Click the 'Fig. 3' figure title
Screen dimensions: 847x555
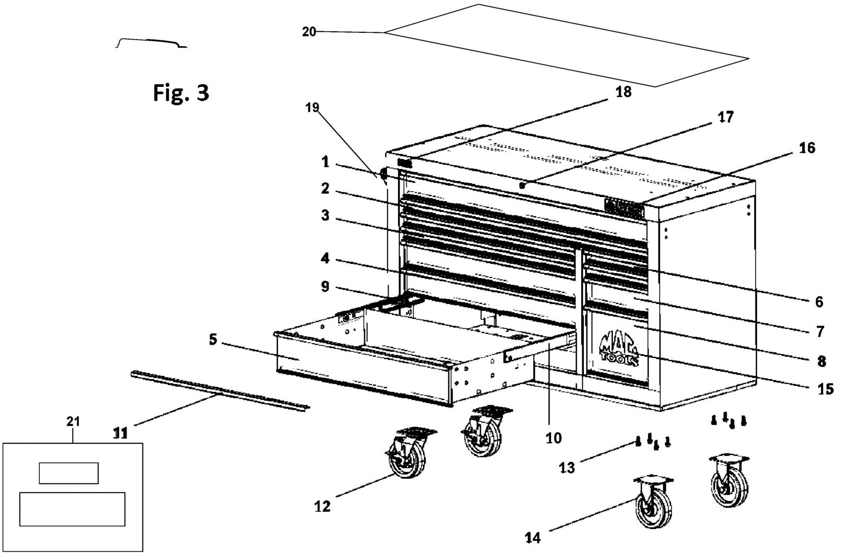[181, 93]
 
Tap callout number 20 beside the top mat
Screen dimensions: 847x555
[309, 32]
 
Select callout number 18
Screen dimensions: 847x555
[624, 92]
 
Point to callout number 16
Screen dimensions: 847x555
[807, 148]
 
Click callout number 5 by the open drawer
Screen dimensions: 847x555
[213, 339]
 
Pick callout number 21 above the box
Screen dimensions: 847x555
[73, 422]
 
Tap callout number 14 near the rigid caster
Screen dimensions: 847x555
[533, 538]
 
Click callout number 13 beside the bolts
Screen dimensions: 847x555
[567, 468]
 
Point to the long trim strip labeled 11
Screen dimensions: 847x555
[220, 391]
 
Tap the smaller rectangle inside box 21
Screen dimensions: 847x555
[69, 473]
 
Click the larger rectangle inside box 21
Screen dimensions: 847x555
[72, 509]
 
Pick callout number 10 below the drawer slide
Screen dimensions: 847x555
[554, 438]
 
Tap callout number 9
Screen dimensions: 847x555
[325, 287]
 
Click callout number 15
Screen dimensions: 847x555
[826, 389]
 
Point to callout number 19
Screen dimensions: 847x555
[312, 108]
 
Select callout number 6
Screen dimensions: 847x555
[819, 302]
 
